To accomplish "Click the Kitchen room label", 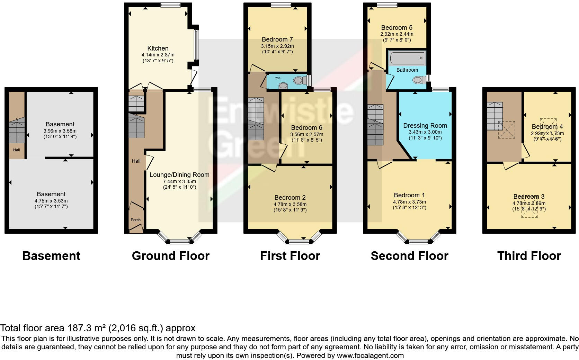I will point(158,48).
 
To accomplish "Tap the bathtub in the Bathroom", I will point(407,58).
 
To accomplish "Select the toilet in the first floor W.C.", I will point(299,81).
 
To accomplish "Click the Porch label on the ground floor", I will point(136,220).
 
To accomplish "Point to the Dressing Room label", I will point(425,126).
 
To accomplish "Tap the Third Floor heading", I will point(529,256).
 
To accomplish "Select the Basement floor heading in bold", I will point(51,256).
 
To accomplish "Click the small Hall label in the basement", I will point(17,150).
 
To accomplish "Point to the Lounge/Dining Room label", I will point(179,175).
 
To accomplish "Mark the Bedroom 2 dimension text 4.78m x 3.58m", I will point(290,204).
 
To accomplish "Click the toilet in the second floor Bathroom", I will point(419,80).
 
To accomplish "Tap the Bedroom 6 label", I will point(306,128).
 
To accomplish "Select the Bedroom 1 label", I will point(409,195).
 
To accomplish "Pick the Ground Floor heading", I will point(171,256).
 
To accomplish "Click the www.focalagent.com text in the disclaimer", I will point(370,355).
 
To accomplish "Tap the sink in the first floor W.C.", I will point(283,85).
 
